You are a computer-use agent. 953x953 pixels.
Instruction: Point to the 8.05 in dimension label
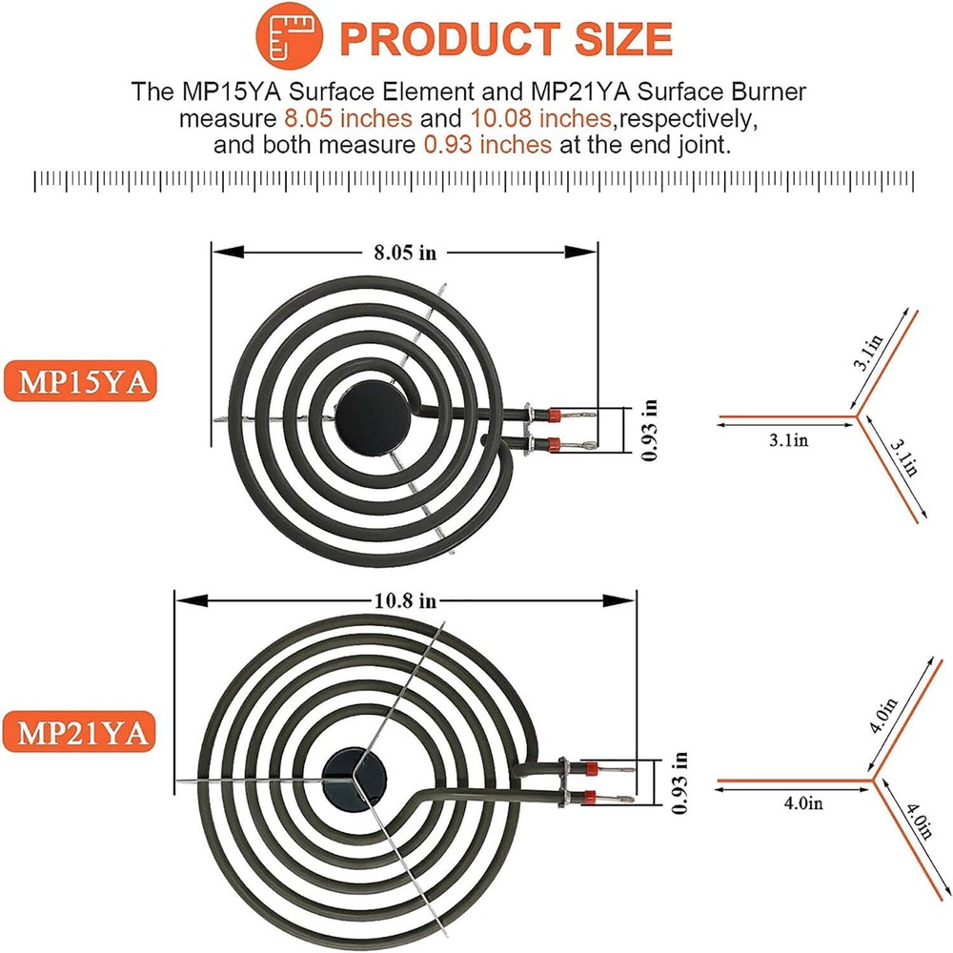click(x=405, y=253)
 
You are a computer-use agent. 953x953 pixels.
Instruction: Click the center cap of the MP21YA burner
click(x=347, y=770)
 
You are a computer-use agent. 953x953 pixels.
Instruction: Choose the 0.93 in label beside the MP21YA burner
click(x=678, y=783)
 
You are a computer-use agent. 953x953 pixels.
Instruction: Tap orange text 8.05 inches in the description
click(x=348, y=118)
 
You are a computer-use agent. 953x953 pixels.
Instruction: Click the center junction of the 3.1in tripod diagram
click(x=856, y=416)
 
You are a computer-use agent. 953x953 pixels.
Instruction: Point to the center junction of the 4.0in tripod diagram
click(x=871, y=781)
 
